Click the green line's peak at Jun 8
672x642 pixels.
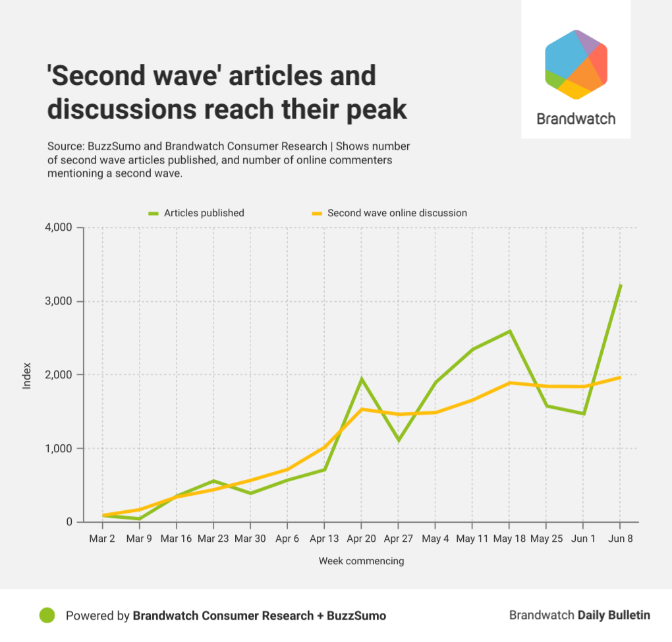620,285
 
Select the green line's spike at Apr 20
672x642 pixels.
361,379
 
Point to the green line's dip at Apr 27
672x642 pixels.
398,440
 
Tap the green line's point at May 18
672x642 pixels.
509,331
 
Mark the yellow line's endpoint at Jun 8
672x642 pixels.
620,378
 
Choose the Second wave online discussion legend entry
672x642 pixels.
389,213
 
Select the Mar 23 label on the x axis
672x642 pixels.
213,539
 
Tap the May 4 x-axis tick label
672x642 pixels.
435,539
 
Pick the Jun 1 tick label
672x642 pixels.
583,539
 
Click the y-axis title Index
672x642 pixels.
27,374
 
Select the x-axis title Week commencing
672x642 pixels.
361,561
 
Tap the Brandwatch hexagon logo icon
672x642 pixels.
576,65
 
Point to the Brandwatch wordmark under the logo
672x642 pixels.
576,119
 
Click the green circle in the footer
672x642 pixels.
47,615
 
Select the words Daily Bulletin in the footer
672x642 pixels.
613,615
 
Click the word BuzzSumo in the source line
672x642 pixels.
100,146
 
